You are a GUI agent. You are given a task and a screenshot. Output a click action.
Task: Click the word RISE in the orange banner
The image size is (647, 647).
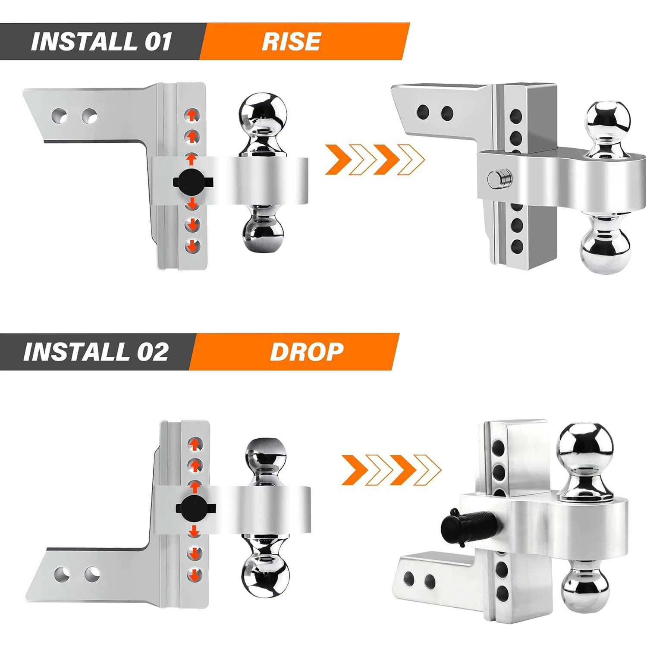coord(291,41)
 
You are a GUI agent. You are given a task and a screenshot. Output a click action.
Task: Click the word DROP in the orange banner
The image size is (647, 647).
coord(307,352)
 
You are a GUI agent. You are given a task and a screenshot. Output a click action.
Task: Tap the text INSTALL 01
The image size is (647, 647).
coord(101,42)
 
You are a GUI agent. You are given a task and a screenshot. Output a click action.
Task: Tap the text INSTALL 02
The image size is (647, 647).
coord(96,352)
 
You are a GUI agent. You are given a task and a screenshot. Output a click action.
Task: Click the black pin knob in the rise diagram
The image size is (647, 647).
coord(193,182)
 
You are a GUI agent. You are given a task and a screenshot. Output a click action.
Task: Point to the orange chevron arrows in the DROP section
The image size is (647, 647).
coord(391,469)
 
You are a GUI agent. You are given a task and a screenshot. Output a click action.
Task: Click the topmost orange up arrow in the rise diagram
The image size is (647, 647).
coord(192,114)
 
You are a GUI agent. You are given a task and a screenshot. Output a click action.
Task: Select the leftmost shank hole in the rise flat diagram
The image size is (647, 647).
coord(60,115)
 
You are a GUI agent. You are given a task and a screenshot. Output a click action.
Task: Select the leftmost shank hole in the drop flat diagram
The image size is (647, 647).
coord(63,574)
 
